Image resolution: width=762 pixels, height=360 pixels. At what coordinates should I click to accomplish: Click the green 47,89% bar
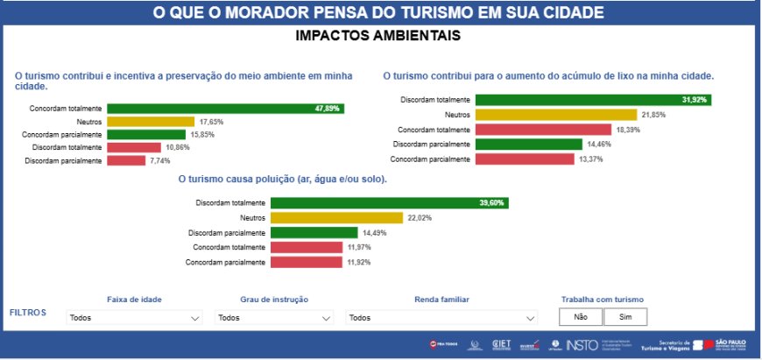tap(225, 109)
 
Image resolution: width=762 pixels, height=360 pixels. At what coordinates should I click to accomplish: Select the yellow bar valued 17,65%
tap(150, 122)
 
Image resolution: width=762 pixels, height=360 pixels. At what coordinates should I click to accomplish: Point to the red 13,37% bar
tap(524, 159)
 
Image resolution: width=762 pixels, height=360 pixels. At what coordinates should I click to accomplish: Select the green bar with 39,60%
tap(390, 203)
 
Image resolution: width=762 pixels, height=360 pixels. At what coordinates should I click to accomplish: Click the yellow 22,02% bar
tap(337, 218)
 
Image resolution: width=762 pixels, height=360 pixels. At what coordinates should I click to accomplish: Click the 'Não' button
tap(580, 317)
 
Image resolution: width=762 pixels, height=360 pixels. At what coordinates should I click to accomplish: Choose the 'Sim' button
tap(624, 317)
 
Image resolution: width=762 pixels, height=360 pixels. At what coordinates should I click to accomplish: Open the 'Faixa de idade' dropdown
tap(135, 318)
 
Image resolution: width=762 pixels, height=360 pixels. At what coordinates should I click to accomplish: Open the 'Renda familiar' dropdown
tap(441, 318)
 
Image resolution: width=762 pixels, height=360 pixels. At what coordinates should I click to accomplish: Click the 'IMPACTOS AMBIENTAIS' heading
tap(378, 36)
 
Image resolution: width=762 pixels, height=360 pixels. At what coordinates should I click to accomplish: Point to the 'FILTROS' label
tap(29, 312)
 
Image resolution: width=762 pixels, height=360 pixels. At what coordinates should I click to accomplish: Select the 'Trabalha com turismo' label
tap(602, 300)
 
